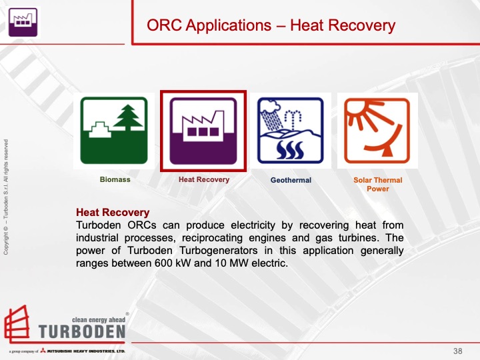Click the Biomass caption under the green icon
[x=115, y=180]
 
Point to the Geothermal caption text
[x=291, y=180]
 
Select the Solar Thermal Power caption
[x=377, y=184]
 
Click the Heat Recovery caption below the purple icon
[x=203, y=180]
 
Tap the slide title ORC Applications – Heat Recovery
[x=271, y=26]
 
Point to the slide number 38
[x=457, y=351]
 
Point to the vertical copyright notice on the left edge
[x=6, y=196]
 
